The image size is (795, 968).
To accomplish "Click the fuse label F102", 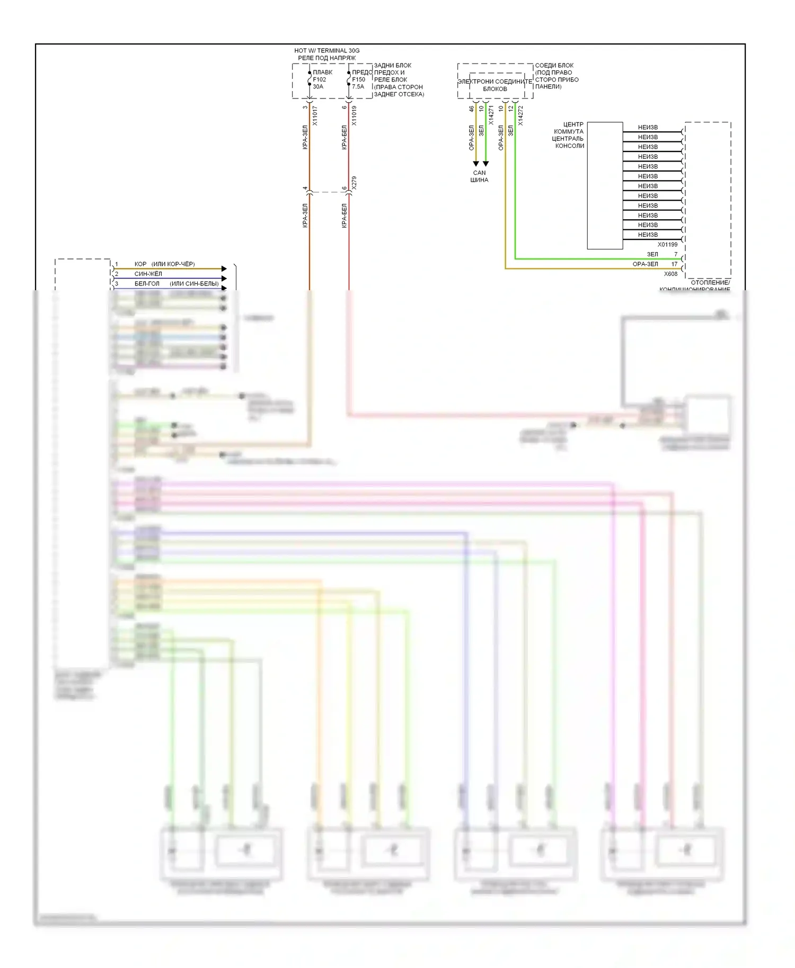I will tap(319, 79).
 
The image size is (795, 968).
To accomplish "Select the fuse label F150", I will tap(358, 79).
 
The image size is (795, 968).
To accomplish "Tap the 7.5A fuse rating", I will tap(358, 87).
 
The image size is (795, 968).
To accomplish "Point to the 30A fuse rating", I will tap(318, 87).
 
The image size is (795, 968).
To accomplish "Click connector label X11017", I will tap(315, 115).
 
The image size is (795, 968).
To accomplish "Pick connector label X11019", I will tap(354, 115).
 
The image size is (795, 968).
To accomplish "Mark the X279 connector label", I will tap(354, 183).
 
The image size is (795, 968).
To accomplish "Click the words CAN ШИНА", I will tap(479, 176).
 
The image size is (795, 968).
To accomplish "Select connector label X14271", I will tap(491, 115).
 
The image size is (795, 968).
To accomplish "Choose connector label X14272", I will tap(520, 115).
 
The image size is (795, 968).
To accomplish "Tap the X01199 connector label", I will tap(667, 245).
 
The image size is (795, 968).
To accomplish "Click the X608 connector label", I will tap(670, 274).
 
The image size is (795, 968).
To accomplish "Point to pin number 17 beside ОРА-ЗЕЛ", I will tap(674, 264).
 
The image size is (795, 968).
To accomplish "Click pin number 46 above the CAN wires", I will tap(471, 109).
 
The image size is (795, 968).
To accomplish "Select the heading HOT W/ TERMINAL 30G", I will tap(326, 51).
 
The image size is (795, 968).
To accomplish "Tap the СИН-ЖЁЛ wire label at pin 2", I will tap(148, 274).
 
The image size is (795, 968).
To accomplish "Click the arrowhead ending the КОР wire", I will tap(224, 269).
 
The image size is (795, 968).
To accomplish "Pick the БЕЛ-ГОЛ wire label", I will tap(147, 284).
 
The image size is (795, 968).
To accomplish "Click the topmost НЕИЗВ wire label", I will tap(648, 128).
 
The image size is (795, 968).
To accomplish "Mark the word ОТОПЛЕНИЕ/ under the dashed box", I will tap(710, 283).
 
